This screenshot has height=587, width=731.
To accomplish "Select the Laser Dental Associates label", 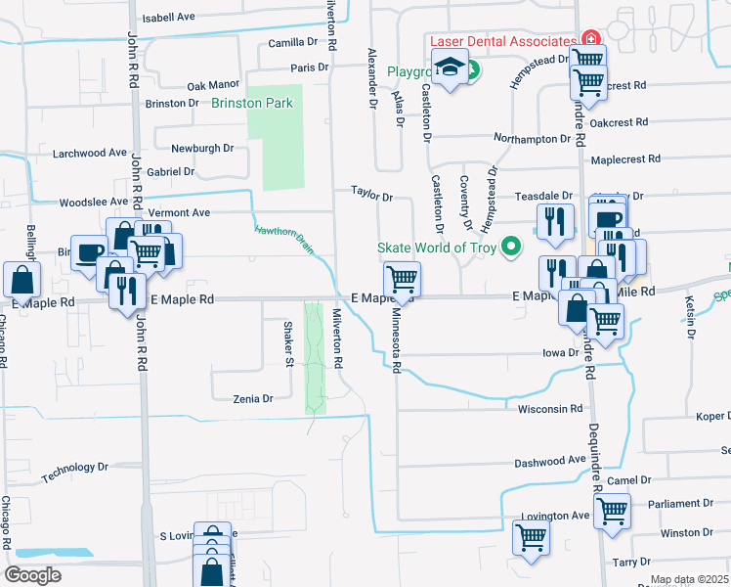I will pyautogui.click(x=502, y=42).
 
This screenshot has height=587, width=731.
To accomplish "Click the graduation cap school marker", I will pyautogui.click(x=450, y=68).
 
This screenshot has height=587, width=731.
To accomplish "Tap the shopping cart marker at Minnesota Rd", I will pyautogui.click(x=402, y=280).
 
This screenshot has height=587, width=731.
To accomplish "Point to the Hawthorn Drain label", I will pyautogui.click(x=283, y=241).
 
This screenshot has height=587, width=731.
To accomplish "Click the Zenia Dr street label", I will pyautogui.click(x=252, y=399).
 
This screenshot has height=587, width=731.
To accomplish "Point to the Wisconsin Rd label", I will pyautogui.click(x=550, y=409).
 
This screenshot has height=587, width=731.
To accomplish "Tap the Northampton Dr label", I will pyautogui.click(x=532, y=139).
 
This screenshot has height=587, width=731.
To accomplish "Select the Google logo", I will pyautogui.click(x=32, y=575).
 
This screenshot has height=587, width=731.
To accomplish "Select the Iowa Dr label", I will pyautogui.click(x=561, y=353).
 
